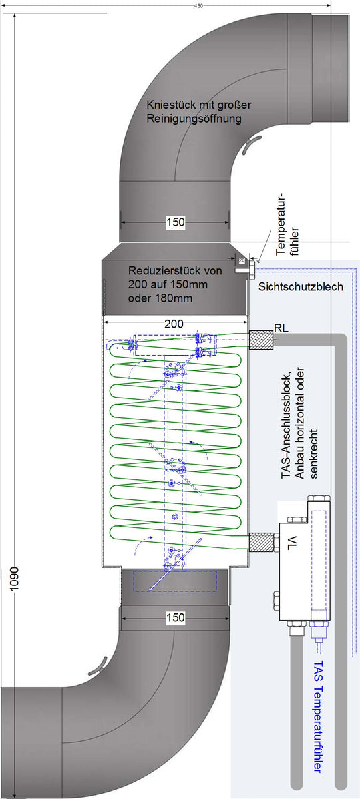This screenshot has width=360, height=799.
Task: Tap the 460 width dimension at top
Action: tap(199, 5)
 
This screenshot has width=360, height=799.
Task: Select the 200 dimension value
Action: tap(174, 324)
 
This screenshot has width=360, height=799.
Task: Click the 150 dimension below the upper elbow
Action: tap(174, 222)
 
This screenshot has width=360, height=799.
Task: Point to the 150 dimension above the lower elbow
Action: tap(174, 617)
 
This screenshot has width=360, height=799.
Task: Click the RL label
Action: tap(281, 328)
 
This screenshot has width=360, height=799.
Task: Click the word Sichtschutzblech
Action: tap(300, 287)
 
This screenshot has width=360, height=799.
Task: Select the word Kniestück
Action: tap(170, 106)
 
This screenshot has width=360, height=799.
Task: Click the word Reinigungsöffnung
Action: tap(193, 119)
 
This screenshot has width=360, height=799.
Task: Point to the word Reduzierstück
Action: tap(160, 271)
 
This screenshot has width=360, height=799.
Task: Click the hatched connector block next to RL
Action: tap(261, 340)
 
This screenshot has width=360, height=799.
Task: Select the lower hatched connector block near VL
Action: tap(261, 542)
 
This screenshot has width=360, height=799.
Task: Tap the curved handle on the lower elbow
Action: tap(98, 664)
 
